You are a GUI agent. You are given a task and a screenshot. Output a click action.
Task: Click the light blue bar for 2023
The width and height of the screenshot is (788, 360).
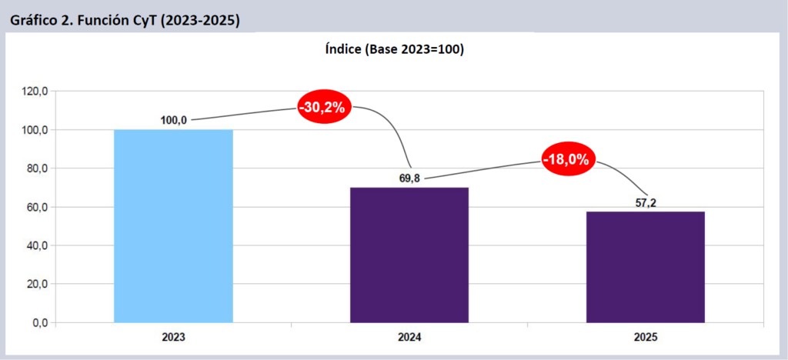(x=173, y=225)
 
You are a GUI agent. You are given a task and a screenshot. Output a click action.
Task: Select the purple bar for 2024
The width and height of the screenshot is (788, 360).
(x=409, y=255)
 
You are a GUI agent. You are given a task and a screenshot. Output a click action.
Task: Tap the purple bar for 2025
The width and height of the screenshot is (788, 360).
(x=645, y=266)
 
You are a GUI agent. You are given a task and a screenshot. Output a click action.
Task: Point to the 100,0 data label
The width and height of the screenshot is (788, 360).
(x=174, y=119)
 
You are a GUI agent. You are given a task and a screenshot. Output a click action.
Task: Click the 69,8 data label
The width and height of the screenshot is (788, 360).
(x=409, y=178)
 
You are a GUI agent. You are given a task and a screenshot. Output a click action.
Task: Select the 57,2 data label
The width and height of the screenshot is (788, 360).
(x=645, y=202)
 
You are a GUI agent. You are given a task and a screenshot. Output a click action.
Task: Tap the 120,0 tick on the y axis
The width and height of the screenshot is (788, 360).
(x=35, y=92)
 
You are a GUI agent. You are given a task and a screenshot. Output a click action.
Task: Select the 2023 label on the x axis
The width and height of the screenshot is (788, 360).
(x=173, y=337)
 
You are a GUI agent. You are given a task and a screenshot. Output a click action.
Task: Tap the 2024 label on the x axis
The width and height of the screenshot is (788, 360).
(x=409, y=337)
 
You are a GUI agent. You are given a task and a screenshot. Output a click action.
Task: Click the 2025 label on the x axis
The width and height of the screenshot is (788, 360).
(x=645, y=337)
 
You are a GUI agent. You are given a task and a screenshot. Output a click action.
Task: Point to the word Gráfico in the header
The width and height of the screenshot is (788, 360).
(x=32, y=21)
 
